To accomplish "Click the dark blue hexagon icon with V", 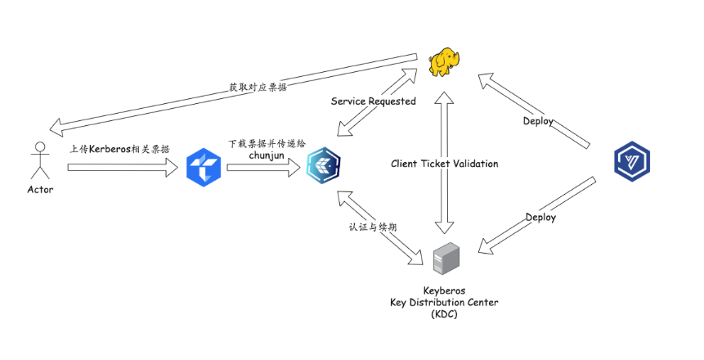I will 631,161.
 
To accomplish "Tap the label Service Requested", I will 373,101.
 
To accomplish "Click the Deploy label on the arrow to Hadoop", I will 538,121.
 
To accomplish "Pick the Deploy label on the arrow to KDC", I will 540,218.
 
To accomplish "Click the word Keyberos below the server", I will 444,290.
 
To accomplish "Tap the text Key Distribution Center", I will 444,303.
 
